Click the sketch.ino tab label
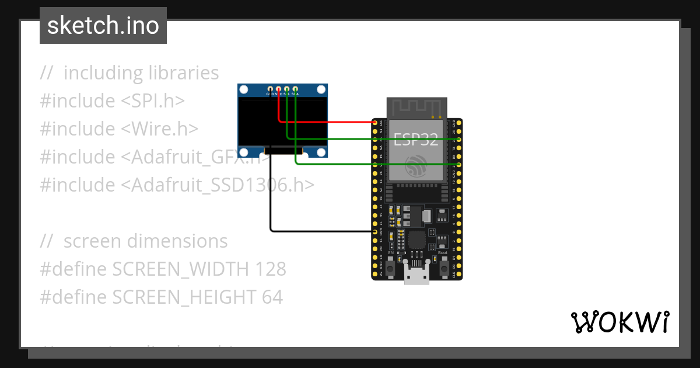click(x=103, y=26)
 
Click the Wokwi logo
click(x=619, y=322)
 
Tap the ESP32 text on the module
click(x=416, y=139)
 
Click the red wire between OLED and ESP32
click(x=327, y=122)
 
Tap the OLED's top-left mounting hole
click(x=244, y=90)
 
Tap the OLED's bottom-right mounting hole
click(x=320, y=152)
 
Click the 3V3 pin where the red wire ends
click(x=375, y=122)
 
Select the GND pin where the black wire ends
click(x=375, y=232)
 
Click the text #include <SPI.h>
click(x=112, y=101)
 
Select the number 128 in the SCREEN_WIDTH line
click(x=271, y=269)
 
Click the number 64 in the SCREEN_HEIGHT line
click(x=272, y=297)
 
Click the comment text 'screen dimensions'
click(x=145, y=241)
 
